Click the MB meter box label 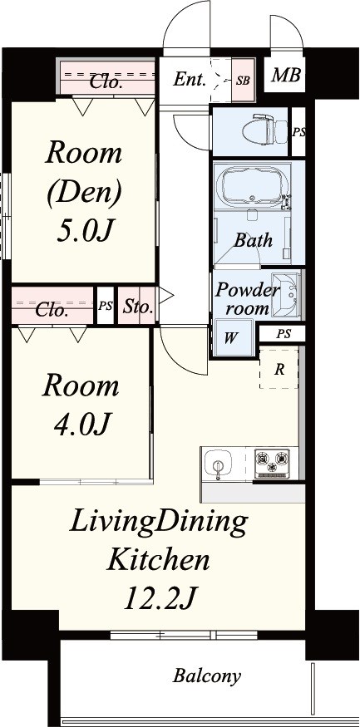286,75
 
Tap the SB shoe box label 243,81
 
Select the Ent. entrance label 190,80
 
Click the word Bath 253,240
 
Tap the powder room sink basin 285,295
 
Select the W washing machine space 232,338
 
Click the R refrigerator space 279,370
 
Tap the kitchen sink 217,465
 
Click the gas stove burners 272,463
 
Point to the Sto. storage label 138,307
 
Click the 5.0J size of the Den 85,231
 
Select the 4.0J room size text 82,422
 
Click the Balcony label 207,676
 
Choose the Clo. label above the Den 106,82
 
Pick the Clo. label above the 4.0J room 52,310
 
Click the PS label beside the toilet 298,131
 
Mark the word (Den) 85,191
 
